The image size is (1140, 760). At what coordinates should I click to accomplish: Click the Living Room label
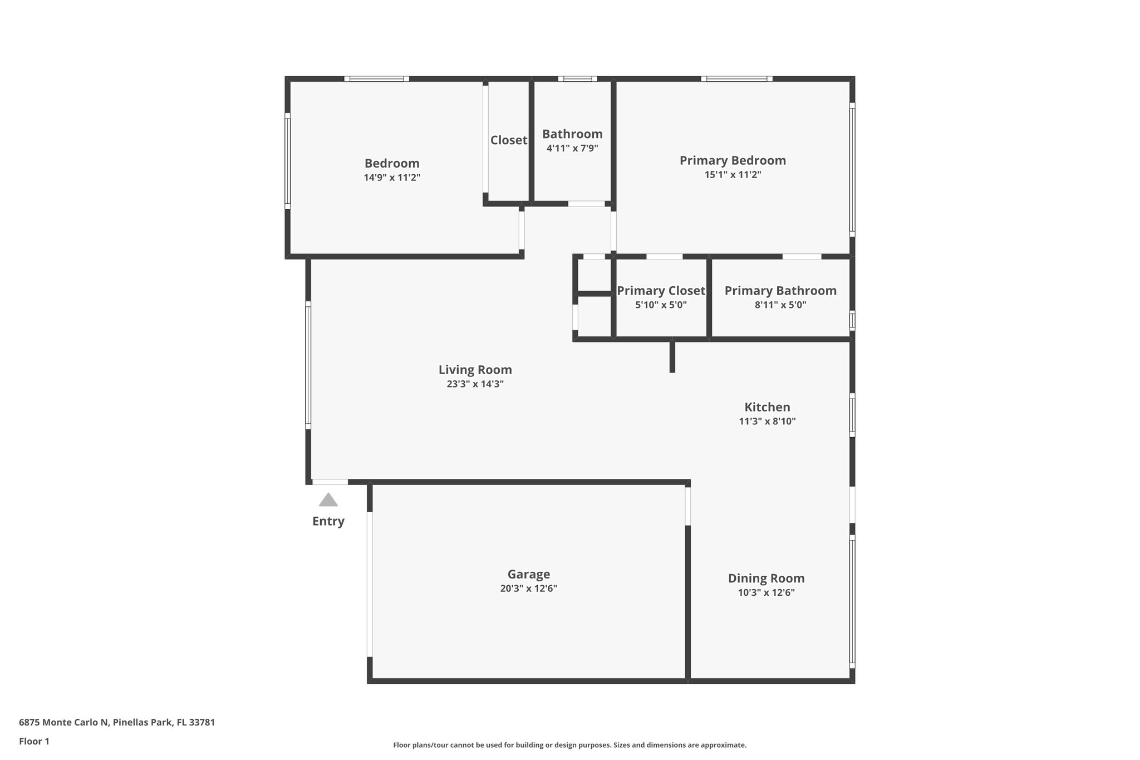coord(475,370)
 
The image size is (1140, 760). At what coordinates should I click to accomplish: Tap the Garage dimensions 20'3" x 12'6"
coord(528,589)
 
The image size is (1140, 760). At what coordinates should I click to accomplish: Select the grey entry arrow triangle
coord(328,500)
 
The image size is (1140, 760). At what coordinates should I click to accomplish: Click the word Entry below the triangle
coord(328,521)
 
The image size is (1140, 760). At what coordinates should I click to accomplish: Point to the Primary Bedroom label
coord(733,160)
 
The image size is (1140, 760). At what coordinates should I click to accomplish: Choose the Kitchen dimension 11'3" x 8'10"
coord(767,421)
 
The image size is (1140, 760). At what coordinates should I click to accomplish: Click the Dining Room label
coord(766,578)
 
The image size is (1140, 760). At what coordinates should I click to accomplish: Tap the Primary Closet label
coord(661,291)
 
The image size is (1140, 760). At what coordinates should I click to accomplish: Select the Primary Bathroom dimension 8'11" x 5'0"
coord(780,305)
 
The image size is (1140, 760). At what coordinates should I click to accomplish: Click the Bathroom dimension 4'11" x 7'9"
coord(572,148)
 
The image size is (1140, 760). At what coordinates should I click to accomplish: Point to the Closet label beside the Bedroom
coord(508,140)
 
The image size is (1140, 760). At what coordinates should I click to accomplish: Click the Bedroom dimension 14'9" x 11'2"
coord(392,178)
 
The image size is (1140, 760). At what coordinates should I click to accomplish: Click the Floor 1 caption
coord(34,741)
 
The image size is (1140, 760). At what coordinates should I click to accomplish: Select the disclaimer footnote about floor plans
coord(569,745)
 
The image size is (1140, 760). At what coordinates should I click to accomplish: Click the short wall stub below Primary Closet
coord(672,356)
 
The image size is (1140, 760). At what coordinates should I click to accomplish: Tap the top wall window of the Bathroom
coord(578,79)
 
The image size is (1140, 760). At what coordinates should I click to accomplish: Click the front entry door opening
coord(330,482)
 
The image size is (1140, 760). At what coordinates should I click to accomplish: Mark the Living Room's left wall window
coord(308,365)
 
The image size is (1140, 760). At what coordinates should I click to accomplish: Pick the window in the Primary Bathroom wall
coord(852,321)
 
